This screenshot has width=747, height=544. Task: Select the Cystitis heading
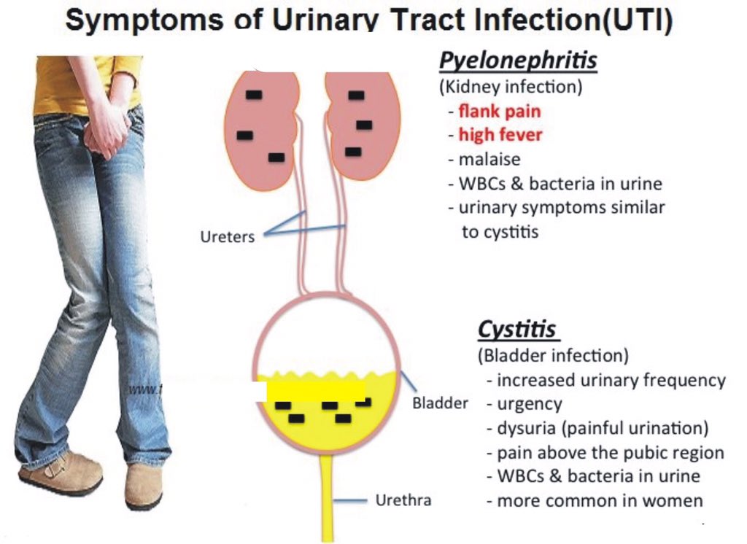click(517, 330)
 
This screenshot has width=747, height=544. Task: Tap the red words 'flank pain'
click(500, 112)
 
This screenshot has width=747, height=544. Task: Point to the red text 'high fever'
click(500, 135)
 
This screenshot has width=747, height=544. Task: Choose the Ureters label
click(228, 237)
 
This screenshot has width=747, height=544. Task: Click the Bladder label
click(440, 403)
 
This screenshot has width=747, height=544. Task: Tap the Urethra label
click(403, 500)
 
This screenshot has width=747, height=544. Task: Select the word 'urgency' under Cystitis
click(529, 403)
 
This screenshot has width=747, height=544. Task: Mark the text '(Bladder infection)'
click(552, 356)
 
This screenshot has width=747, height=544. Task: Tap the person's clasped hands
click(107, 135)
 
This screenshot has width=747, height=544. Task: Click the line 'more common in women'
click(600, 501)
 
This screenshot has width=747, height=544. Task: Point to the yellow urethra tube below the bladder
click(326, 496)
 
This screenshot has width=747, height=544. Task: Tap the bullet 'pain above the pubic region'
click(611, 453)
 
